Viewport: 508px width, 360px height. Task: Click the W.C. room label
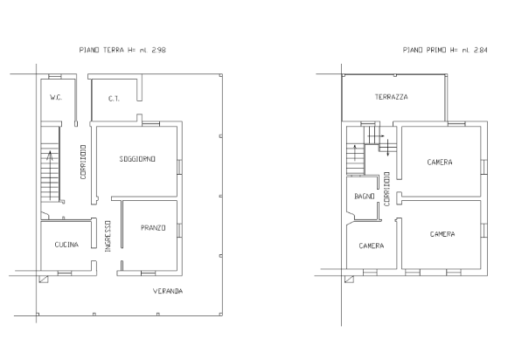(x=56, y=98)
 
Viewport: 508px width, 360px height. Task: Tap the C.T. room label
(x=114, y=99)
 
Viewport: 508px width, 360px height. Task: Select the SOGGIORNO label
(x=137, y=159)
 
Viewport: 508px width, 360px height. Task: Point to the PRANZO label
(x=153, y=228)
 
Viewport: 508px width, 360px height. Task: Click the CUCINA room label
(x=66, y=245)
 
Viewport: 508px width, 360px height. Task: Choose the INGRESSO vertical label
(x=108, y=236)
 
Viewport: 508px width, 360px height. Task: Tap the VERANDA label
(x=168, y=291)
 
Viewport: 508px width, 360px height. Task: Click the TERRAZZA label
(x=392, y=97)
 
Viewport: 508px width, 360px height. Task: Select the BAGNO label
(x=365, y=197)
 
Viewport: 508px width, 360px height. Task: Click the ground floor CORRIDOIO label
(x=83, y=162)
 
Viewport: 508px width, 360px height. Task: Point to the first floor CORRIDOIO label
(x=386, y=189)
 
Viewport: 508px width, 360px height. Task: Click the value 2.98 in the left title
(x=159, y=50)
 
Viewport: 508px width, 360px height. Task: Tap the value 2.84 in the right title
(x=480, y=50)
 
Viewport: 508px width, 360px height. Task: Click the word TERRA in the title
(x=114, y=50)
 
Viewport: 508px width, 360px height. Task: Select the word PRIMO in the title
(x=436, y=50)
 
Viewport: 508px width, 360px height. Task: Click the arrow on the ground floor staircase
(x=50, y=175)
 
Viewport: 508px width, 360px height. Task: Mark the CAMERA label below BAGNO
(x=372, y=246)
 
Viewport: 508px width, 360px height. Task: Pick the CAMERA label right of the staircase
(x=440, y=163)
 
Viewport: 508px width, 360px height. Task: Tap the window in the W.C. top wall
(x=55, y=77)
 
